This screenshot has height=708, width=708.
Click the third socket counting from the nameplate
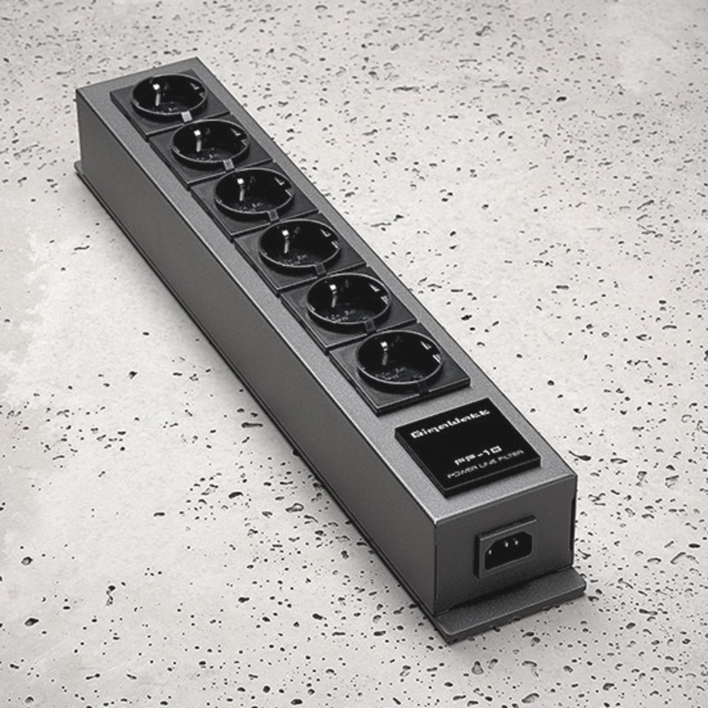[x=300, y=245]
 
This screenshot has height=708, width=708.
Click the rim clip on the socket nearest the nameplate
[x=422, y=387]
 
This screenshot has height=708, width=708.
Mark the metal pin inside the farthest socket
[x=161, y=88]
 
